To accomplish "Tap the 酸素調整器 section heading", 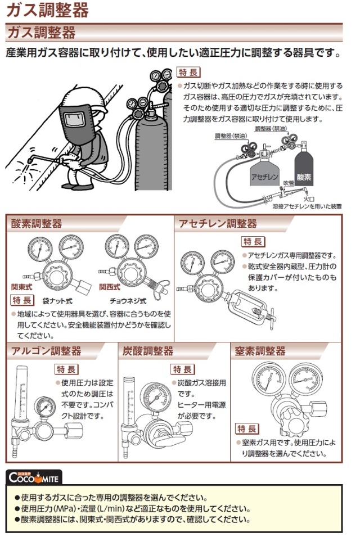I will click(x=37, y=224).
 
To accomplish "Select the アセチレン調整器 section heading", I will click(x=218, y=224).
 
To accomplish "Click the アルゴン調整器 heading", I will click(x=46, y=351).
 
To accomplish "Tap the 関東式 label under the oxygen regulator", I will click(x=21, y=286).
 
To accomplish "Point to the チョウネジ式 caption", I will click(x=129, y=300).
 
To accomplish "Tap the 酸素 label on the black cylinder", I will click(x=304, y=176).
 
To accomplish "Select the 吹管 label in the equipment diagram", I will click(x=289, y=183).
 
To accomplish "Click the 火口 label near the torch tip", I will click(x=308, y=199).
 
